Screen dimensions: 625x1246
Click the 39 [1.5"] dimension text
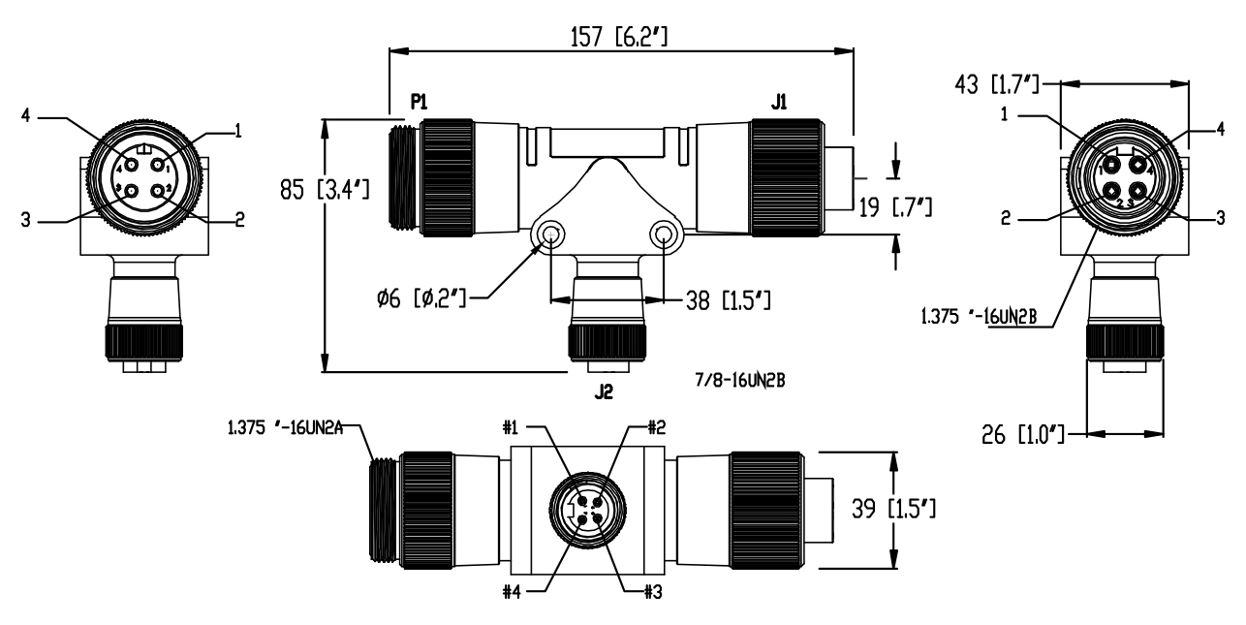tap(942, 507)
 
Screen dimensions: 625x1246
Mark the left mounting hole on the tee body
tap(550, 234)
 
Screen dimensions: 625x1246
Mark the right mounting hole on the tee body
tap(664, 234)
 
